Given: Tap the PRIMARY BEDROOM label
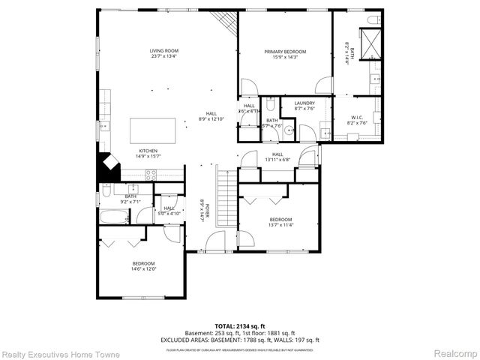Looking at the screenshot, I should tap(285, 52).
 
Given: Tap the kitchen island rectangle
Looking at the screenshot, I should tap(155, 130).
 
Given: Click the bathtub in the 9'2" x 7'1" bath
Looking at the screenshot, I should tap(115, 217).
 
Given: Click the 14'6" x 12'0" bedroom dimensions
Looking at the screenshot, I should tap(143, 269).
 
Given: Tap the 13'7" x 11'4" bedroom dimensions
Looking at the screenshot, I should tap(281, 223).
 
